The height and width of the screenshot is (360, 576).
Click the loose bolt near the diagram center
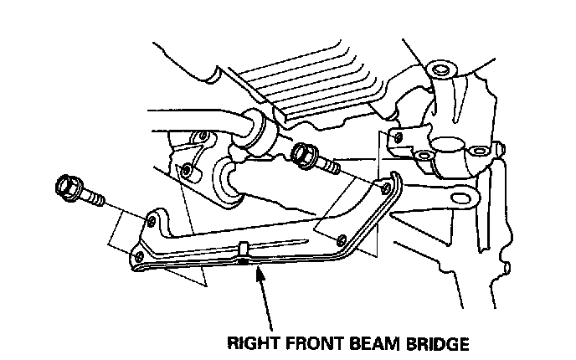(x=313, y=159)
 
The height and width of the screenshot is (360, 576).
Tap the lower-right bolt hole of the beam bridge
(x=340, y=240)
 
